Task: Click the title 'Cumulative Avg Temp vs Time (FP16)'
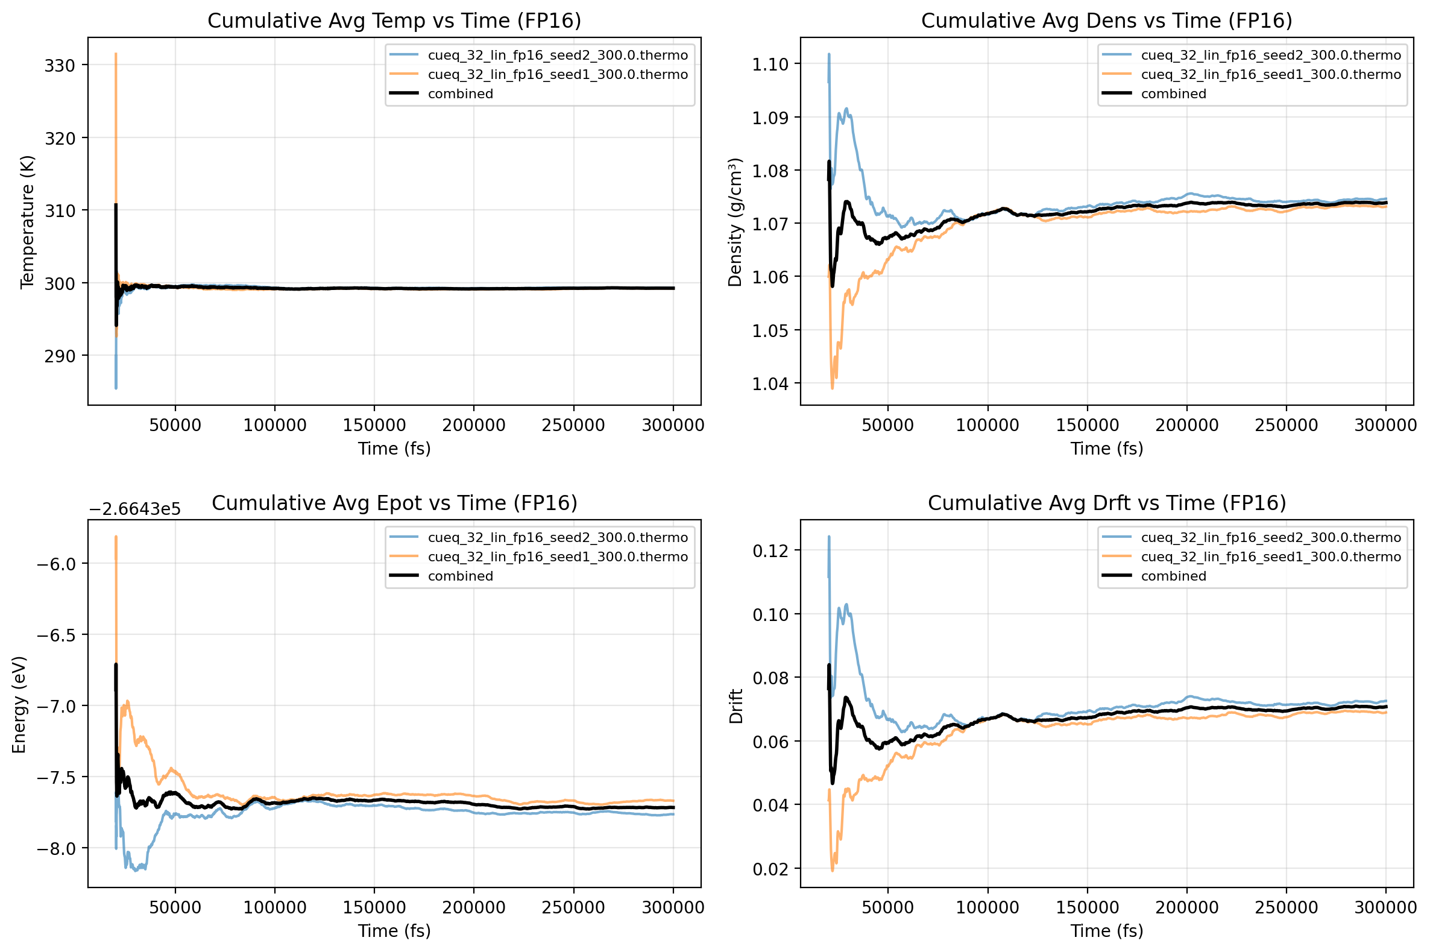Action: pyautogui.click(x=394, y=20)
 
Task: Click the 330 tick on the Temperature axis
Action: pyautogui.click(x=59, y=66)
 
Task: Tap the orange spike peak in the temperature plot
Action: pyautogui.click(x=116, y=55)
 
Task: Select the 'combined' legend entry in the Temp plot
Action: pyautogui.click(x=460, y=93)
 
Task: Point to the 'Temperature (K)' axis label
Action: pyautogui.click(x=27, y=222)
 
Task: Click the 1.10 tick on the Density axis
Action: pyautogui.click(x=770, y=65)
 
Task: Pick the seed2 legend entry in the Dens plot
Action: pyautogui.click(x=1270, y=55)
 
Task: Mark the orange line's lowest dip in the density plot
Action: pyautogui.click(x=832, y=386)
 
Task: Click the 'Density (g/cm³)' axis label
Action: pyautogui.click(x=735, y=222)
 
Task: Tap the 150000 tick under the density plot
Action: pyautogui.click(x=1086, y=425)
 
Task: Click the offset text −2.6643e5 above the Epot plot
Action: pyautogui.click(x=135, y=509)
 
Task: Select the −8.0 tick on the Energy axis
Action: pyautogui.click(x=55, y=848)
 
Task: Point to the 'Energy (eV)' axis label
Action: pyautogui.click(x=19, y=704)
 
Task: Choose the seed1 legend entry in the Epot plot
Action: pyautogui.click(x=557, y=556)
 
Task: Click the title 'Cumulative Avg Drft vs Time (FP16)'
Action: pyautogui.click(x=1106, y=503)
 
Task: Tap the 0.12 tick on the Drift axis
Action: pyautogui.click(x=770, y=550)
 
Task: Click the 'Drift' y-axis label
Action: pyautogui.click(x=735, y=705)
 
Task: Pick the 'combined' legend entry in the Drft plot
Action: pyautogui.click(x=1173, y=576)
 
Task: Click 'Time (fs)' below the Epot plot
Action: pyautogui.click(x=394, y=931)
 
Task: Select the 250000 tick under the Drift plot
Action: pyautogui.click(x=1285, y=907)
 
